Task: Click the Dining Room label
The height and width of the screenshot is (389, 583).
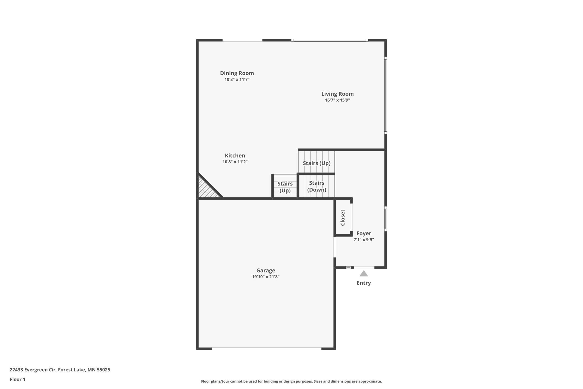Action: pos(237,73)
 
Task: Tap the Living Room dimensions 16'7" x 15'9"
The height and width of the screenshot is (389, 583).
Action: pos(337,100)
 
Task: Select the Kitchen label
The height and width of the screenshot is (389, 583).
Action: pos(235,155)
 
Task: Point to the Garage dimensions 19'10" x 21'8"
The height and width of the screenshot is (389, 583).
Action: pos(265,277)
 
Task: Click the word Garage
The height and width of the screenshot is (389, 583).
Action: pos(265,270)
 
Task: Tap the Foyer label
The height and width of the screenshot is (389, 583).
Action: pos(364,233)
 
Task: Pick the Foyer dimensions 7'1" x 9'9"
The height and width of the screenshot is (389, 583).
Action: pos(364,240)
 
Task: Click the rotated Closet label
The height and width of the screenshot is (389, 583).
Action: pos(343,218)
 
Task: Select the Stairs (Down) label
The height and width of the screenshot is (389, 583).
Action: pos(316,186)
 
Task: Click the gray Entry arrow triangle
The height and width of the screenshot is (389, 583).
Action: pos(364,274)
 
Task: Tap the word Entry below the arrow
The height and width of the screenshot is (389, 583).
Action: pos(364,283)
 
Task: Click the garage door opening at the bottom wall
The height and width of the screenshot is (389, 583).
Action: pos(266,349)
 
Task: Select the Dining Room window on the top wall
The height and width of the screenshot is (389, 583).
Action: pos(242,40)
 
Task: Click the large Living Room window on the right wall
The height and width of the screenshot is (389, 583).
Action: pos(385,95)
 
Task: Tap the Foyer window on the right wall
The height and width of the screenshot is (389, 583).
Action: pos(385,219)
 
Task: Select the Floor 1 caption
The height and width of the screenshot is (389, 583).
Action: pos(17,379)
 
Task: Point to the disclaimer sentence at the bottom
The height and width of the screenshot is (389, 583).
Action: pos(291,381)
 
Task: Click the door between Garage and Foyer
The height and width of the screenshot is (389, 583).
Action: pos(335,247)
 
